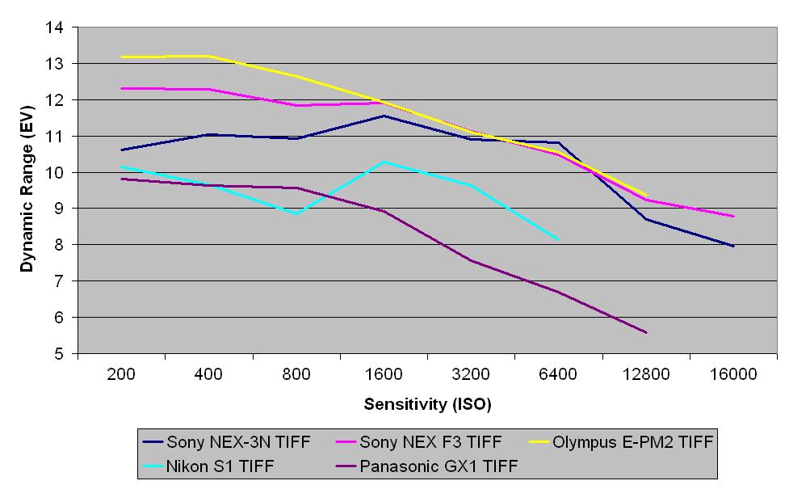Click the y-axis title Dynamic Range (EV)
click(27, 191)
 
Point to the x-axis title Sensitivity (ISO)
click(427, 403)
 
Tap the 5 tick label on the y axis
click(59, 354)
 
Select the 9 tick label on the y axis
click(59, 209)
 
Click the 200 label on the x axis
click(121, 374)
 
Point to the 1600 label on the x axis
click(384, 374)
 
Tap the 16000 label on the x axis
click(733, 374)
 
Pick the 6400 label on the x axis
click(558, 374)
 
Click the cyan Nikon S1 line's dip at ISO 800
click(296, 213)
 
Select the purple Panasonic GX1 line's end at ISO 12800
click(646, 332)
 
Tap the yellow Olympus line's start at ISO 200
click(121, 57)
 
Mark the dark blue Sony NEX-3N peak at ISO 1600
click(384, 116)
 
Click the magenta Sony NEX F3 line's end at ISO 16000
click(733, 217)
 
